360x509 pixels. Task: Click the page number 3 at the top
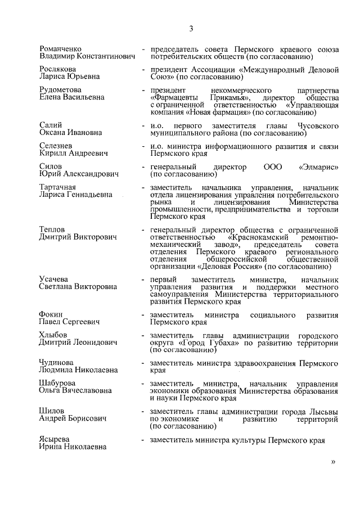[x=191, y=29]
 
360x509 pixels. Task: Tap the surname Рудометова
[x=60, y=89]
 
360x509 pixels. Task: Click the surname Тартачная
[x=58, y=187]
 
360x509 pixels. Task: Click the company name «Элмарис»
[x=318, y=167]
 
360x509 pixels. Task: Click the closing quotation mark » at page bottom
[x=334, y=462]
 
